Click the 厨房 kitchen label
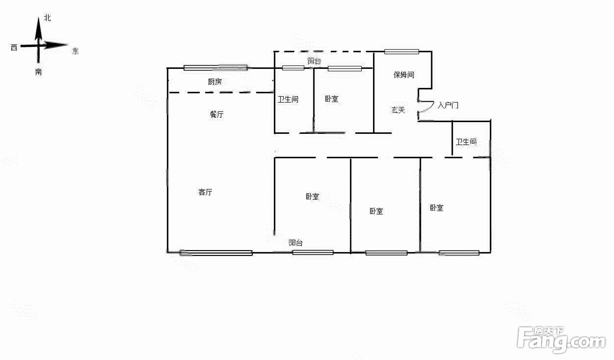pos(215,82)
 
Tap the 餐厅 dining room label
pos(217,114)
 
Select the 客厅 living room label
pos(205,192)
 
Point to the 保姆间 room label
pos(404,75)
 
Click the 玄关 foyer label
pos(398,110)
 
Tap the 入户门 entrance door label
pos(448,105)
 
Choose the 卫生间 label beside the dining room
pos(288,99)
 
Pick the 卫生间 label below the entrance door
pos(466,142)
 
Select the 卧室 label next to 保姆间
pos(331,99)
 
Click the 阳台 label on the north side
pos(314,61)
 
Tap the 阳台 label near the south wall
pos(296,242)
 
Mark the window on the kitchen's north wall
pos(216,68)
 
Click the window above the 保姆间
pos(401,51)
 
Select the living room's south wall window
pos(216,253)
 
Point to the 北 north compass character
pos(47,18)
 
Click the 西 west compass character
pos(14,47)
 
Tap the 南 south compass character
pos(38,72)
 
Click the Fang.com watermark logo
pos(561,339)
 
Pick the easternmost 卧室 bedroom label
pos(437,208)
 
